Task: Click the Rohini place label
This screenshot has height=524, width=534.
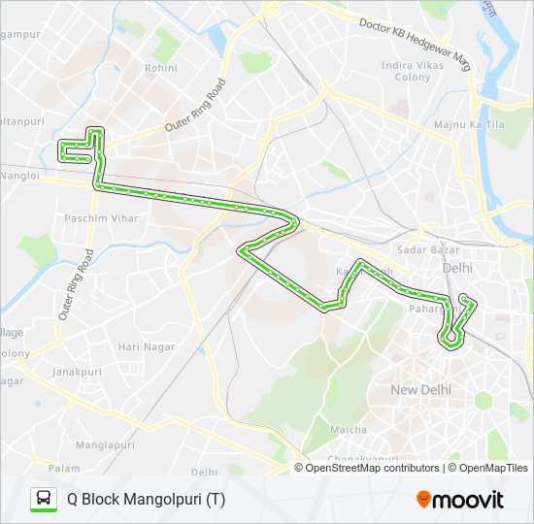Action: pyautogui.click(x=160, y=69)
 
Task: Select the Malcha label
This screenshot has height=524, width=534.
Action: pyautogui.click(x=349, y=430)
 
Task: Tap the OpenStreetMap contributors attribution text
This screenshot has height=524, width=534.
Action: pyautogui.click(x=372, y=468)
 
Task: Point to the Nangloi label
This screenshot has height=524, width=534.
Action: pyautogui.click(x=19, y=176)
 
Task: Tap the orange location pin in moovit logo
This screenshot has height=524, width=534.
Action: pyautogui.click(x=423, y=500)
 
